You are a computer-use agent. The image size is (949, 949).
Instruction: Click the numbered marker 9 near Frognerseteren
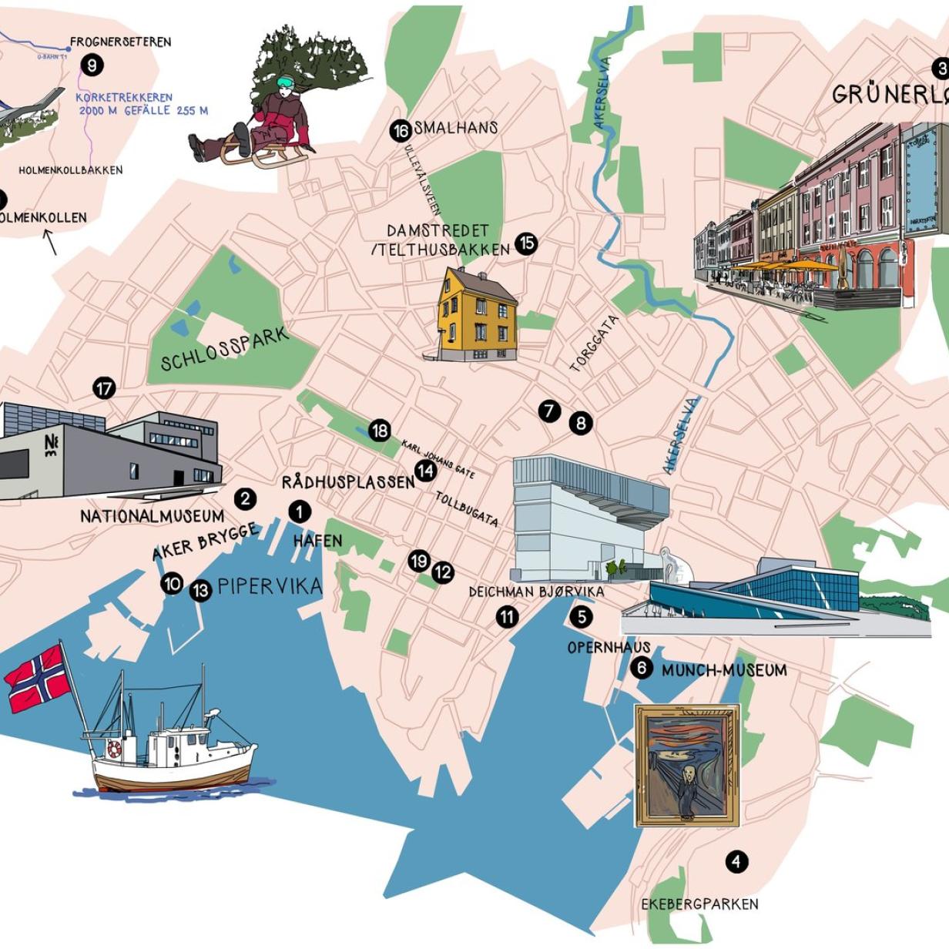[x=91, y=65]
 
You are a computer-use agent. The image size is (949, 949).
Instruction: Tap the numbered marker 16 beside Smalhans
[x=400, y=131]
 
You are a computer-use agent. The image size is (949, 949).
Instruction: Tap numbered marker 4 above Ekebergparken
[x=736, y=861]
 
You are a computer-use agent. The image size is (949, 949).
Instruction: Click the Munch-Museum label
[x=724, y=670]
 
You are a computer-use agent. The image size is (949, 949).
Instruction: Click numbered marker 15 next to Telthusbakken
[x=526, y=244]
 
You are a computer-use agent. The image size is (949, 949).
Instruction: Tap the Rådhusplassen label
[x=348, y=482]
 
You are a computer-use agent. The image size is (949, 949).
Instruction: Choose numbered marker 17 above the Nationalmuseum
[x=104, y=388]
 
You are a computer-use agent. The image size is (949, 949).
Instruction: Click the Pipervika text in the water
[x=270, y=587]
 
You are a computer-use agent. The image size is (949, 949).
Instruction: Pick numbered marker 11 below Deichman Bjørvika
[x=507, y=616]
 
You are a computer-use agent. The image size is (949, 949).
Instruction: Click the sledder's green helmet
[x=284, y=82]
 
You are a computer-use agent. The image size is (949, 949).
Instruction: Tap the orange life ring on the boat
[x=115, y=749]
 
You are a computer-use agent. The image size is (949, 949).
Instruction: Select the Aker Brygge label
[x=204, y=542]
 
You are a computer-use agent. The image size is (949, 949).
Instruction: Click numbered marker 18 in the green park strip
[x=379, y=431]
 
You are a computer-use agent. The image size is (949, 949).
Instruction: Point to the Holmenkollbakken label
[x=70, y=170]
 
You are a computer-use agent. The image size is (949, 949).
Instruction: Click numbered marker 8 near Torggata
[x=581, y=422]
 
